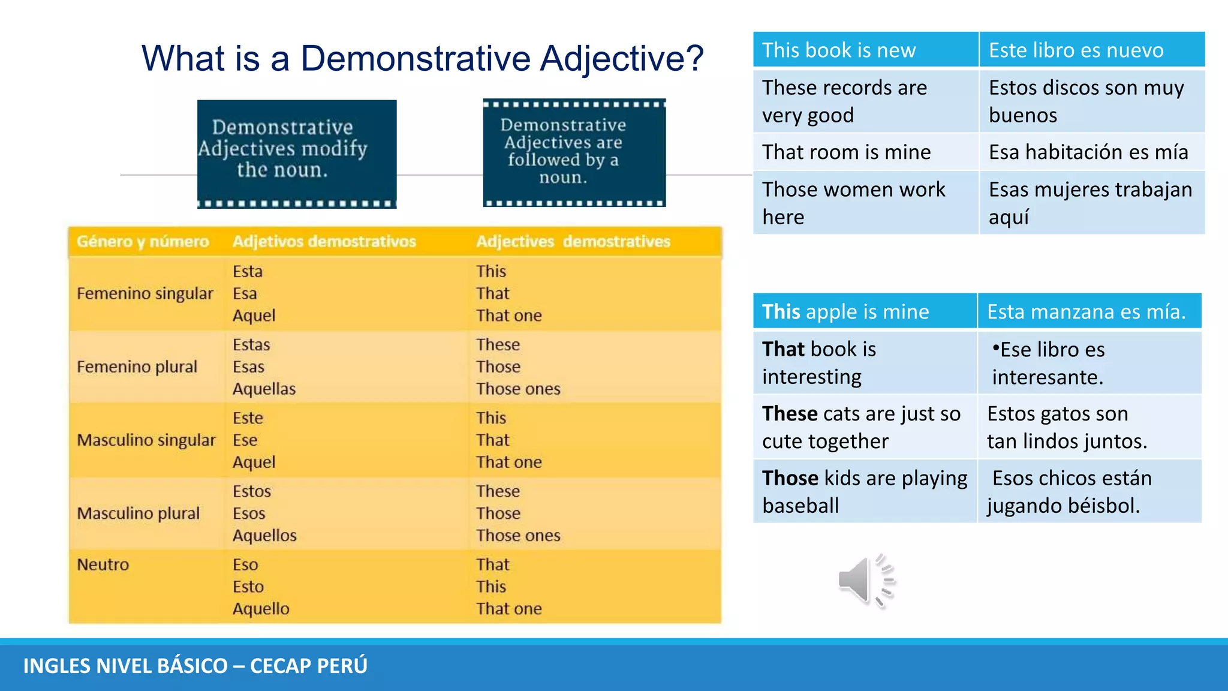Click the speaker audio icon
click(865, 581)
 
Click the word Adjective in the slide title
click(621, 59)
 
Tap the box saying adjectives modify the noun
click(297, 154)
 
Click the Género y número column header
click(143, 242)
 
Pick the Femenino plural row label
click(137, 367)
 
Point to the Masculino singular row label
click(146, 440)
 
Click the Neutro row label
click(103, 565)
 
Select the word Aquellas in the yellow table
click(264, 389)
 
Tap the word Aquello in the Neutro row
click(261, 609)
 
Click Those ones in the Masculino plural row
click(518, 536)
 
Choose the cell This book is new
click(865, 50)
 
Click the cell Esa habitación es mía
click(1088, 152)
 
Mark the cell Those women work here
click(865, 203)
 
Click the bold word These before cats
click(790, 414)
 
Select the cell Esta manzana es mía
click(1086, 312)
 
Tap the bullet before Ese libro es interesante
click(995, 348)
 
